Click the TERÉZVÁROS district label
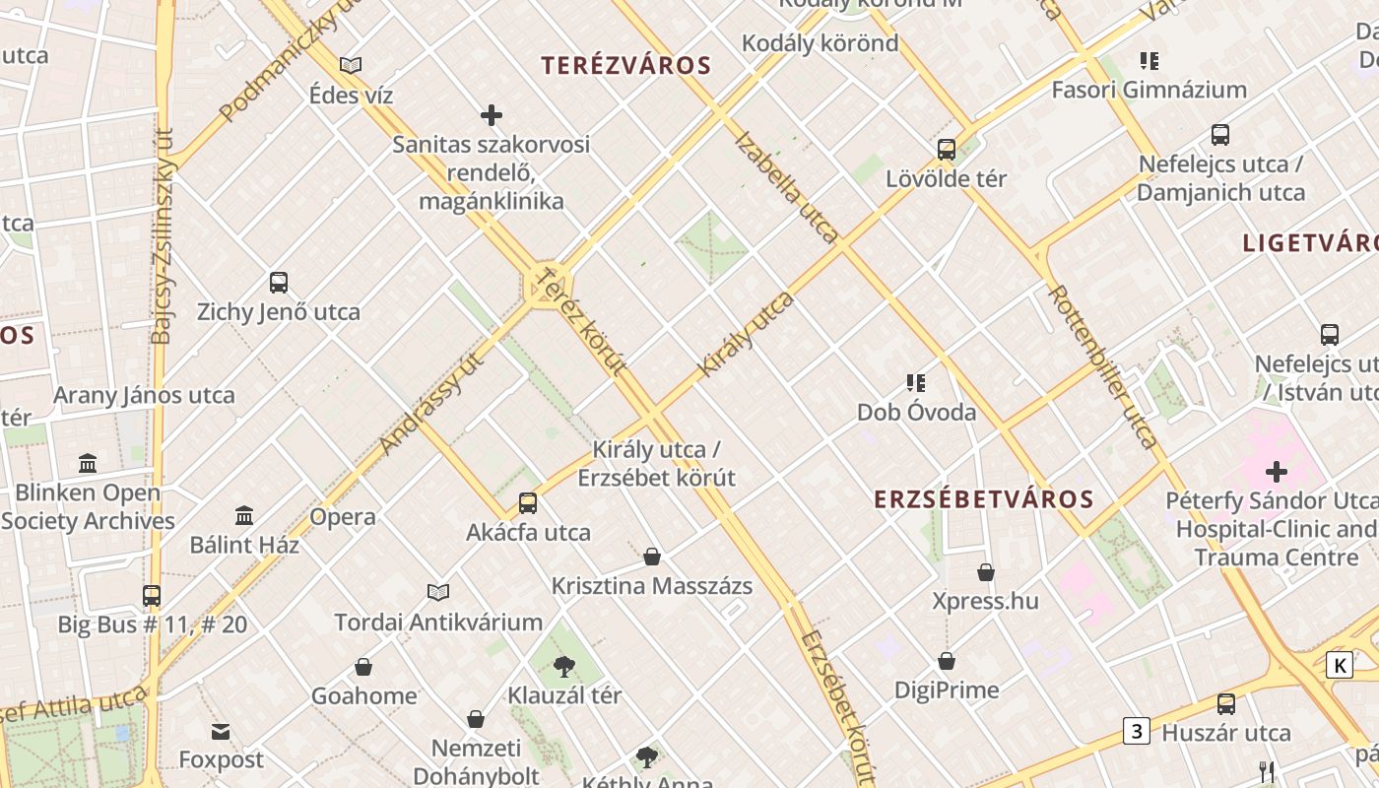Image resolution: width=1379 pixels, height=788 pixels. coord(626,66)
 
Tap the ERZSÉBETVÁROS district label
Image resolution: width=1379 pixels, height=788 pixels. coord(984,499)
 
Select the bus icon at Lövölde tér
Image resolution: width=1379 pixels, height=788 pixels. coord(947,150)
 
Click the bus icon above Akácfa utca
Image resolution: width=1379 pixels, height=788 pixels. coord(528,503)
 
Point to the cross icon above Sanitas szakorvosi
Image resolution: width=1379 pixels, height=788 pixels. coord(492,116)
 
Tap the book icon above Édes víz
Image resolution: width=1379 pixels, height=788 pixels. coord(351,66)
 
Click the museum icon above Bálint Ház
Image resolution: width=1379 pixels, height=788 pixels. coord(244,515)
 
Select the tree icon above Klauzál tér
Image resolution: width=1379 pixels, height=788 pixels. coord(564,667)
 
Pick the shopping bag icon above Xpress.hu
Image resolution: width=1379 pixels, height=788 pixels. coord(986,572)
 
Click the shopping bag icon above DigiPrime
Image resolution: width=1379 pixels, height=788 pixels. coord(947,661)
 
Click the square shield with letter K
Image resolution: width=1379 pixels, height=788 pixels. coord(1340,666)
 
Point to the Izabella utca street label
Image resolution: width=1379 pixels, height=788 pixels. coord(787,187)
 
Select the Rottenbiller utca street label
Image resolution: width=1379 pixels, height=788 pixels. coord(1103,366)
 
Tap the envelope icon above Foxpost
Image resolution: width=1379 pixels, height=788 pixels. coord(221,732)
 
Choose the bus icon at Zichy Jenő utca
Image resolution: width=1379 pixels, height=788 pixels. coord(279,284)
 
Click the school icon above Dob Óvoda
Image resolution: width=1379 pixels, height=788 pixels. coord(916,383)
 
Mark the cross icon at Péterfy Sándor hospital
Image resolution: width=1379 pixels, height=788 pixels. coord(1277,472)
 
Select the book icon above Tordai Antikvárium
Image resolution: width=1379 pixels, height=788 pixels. coord(438,592)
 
